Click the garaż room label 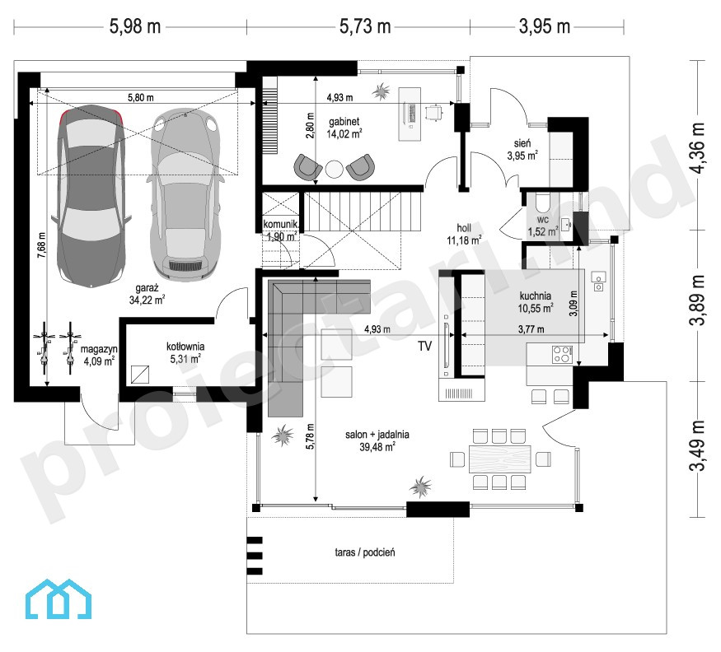(147, 288)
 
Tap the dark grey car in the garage (91, 196)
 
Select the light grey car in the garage (185, 194)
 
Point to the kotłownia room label (185, 347)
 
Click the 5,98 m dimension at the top (135, 26)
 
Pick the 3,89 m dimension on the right (697, 300)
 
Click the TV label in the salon (425, 346)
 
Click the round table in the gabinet (335, 169)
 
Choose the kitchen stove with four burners (562, 355)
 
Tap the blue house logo (58, 598)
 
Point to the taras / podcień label (365, 552)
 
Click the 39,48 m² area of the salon (377, 447)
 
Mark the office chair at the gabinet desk (434, 112)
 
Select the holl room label (464, 227)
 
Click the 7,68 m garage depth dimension (41, 244)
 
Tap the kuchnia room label (536, 296)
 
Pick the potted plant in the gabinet (381, 91)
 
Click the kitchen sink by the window (599, 282)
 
